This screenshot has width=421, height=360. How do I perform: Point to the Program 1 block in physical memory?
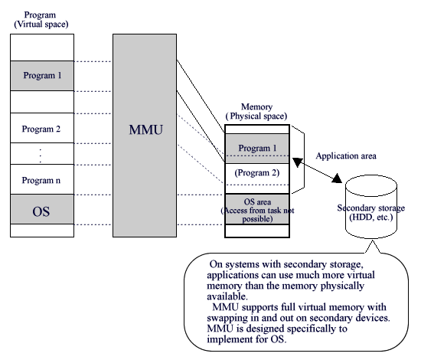coord(256,148)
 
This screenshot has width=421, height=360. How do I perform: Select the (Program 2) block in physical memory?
coord(256,172)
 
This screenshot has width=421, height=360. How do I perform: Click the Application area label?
coord(346,155)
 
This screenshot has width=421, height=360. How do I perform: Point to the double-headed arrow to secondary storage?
coord(318,169)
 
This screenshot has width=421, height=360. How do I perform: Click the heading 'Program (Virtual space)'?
coord(41,19)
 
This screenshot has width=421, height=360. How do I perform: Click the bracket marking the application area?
coord(301,159)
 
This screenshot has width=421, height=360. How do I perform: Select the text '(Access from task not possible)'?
coord(256,214)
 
